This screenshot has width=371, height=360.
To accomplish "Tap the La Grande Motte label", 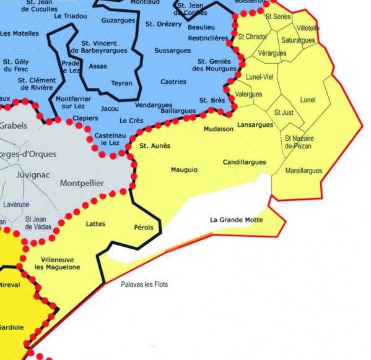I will pos(236,219).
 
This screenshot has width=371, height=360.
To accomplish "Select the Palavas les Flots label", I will pos(144,285).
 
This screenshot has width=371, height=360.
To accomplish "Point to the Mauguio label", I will pos(185,169).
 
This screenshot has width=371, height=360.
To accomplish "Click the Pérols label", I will pos(143,228).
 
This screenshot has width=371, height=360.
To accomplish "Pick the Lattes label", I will pos(96,224).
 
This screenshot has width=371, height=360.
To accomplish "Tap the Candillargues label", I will pos(244,162).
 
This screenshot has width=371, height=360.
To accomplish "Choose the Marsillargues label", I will pos(303,170).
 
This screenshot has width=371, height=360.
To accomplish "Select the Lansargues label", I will pos(255,125).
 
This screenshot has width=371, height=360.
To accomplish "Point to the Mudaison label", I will pos(219,129).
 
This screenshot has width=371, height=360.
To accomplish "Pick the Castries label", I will pos(173,82).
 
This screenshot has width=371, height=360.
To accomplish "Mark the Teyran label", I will pos(121,83).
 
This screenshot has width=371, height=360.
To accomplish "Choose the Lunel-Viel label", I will pos(260,77).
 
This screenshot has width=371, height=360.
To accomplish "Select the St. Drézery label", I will pos(164,24).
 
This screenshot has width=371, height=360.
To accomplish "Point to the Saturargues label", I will pos(298,40).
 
